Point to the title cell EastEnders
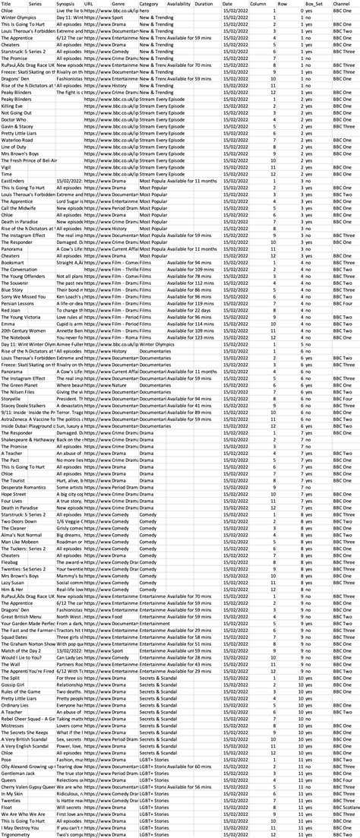pyautogui.click(x=13, y=182)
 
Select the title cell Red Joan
pyautogui.click(x=11, y=311)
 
